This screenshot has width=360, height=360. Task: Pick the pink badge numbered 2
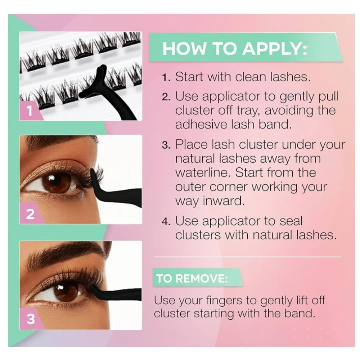[x=30, y=214]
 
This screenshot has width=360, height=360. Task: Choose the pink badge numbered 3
[x=30, y=319]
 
